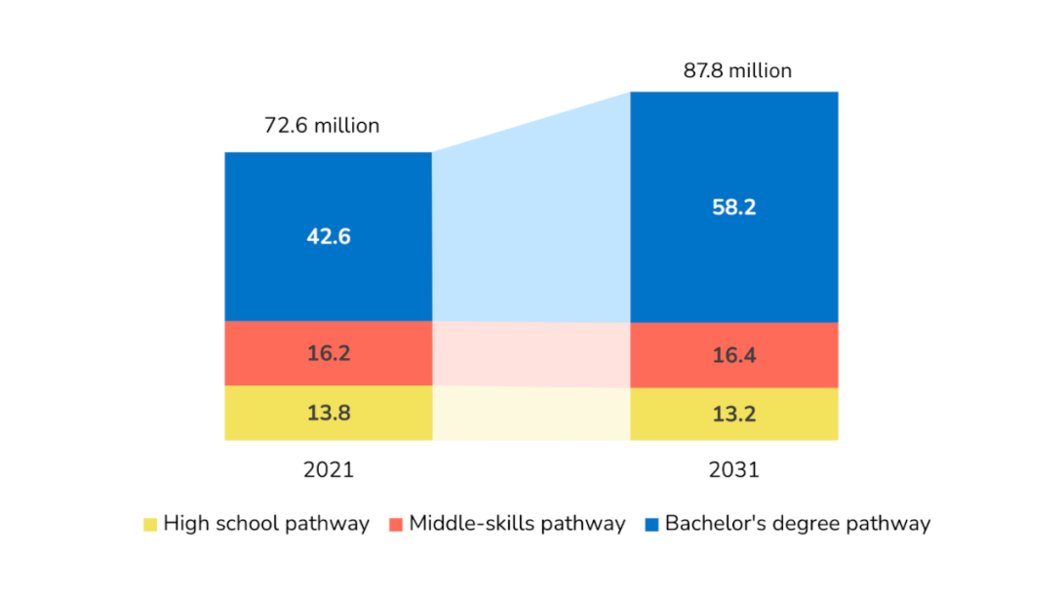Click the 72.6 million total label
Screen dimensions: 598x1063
322,126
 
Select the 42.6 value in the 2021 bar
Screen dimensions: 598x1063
328,237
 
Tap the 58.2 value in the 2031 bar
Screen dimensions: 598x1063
733,208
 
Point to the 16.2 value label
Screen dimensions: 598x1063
328,353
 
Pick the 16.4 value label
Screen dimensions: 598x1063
733,355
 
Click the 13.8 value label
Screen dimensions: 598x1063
328,413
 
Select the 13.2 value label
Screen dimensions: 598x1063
733,414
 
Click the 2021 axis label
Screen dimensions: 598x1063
328,470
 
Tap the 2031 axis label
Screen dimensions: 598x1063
733,470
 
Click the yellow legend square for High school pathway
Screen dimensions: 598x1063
149,525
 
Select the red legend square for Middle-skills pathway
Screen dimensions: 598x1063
395,525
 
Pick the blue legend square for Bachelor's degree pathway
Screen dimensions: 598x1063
650,525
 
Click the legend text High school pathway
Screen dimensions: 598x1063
266,524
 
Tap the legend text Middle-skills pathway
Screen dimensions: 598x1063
517,524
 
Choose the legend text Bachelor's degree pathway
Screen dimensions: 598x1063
797,524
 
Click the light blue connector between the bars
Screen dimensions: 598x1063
531,224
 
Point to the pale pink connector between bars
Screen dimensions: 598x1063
531,353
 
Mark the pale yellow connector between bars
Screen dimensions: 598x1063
531,414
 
